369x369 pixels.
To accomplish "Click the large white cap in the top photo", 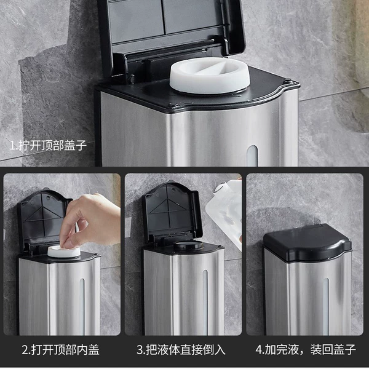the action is [210, 76].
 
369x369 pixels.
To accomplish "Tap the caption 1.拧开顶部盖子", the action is [48, 145].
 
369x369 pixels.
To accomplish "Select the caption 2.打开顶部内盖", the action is [61, 350].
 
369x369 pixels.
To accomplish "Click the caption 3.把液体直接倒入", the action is [181, 350].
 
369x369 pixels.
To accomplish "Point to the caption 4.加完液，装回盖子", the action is [306, 350].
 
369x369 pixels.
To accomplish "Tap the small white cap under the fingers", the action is [63, 252].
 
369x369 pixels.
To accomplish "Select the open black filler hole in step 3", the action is [188, 245].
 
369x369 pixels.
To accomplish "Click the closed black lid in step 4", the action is [307, 242].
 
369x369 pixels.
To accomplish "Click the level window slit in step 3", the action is [205, 303].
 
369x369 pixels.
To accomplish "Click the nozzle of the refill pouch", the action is [218, 188].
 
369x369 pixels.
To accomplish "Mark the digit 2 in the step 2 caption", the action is [25, 350].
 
